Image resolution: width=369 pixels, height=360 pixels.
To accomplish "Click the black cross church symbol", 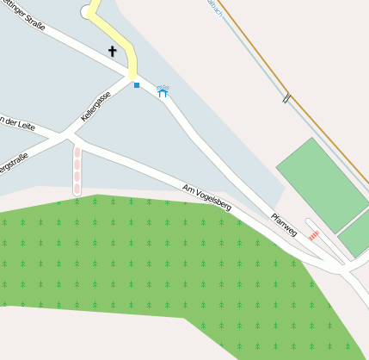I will click(112, 52).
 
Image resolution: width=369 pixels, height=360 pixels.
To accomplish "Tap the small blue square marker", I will click(136, 85).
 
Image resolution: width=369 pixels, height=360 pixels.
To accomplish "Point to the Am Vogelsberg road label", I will click(207, 197).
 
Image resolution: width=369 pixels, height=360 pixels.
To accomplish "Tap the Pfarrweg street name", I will click(283, 225).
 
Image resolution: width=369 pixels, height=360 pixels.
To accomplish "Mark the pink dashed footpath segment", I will click(77, 169).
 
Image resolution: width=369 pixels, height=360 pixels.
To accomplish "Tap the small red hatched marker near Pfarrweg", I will click(314, 233).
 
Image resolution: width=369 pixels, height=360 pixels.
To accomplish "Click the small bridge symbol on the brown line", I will click(286, 99).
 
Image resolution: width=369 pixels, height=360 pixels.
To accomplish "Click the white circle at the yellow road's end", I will click(86, 11).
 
